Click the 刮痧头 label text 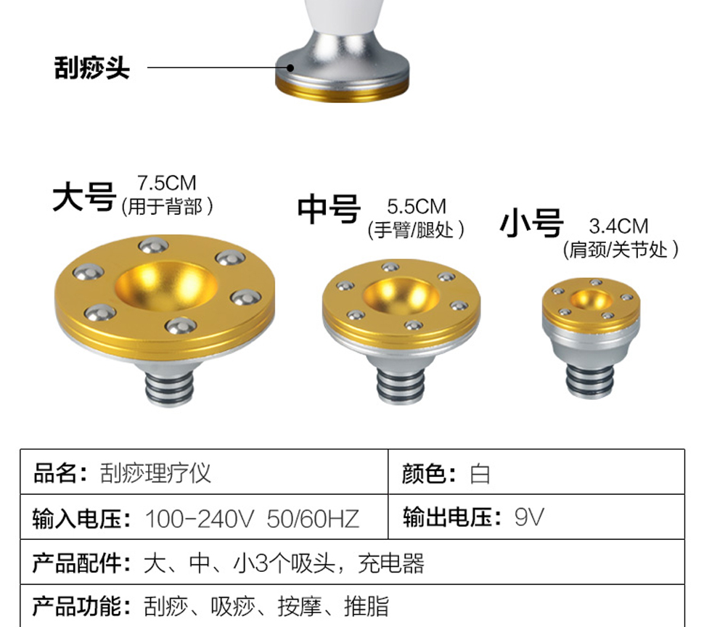pyautogui.click(x=91, y=68)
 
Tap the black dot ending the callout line pyautogui.click(x=290, y=67)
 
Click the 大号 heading pyautogui.click(x=84, y=197)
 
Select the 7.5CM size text pyautogui.click(x=167, y=184)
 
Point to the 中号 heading pyautogui.click(x=329, y=210)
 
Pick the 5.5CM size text pyautogui.click(x=416, y=208)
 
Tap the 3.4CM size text pyautogui.click(x=618, y=226)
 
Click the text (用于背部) pyautogui.click(x=167, y=207)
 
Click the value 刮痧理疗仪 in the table pyautogui.click(x=155, y=474)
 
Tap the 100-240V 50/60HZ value pyautogui.click(x=252, y=519)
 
